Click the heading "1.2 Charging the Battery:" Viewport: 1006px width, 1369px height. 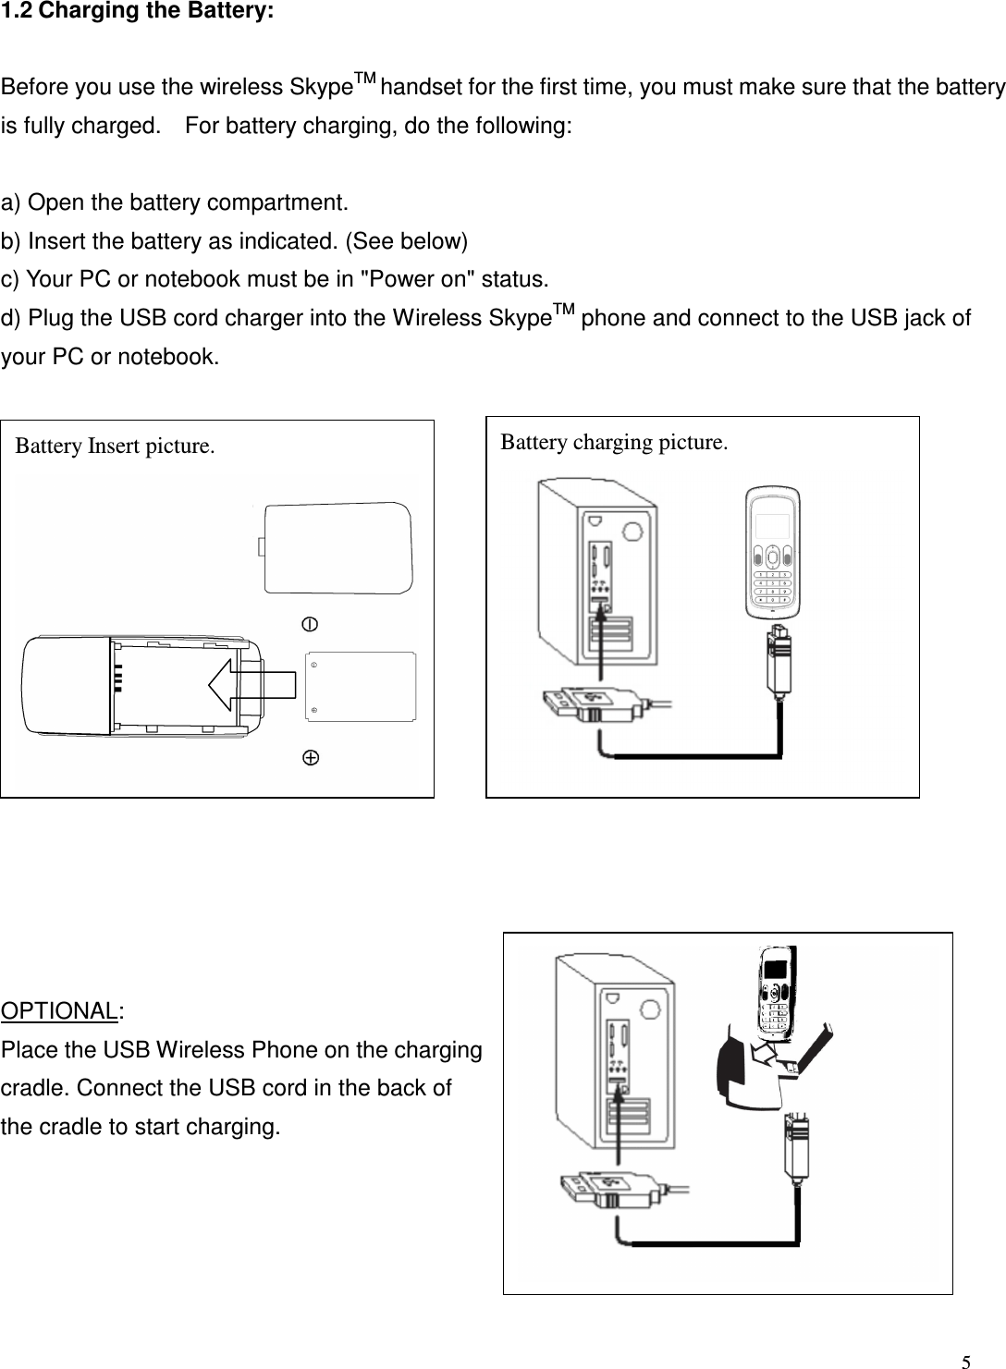(137, 18)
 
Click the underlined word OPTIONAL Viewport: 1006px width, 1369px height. (60, 1009)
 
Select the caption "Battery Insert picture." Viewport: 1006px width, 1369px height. (116, 446)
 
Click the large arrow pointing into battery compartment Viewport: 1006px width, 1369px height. (251, 684)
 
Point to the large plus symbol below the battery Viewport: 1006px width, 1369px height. (312, 758)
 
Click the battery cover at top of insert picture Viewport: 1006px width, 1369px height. (337, 547)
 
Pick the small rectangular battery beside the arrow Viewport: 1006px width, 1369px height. (361, 686)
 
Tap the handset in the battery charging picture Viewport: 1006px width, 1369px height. (773, 553)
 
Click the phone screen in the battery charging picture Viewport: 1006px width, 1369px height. (772, 526)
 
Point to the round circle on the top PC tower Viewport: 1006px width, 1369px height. (633, 532)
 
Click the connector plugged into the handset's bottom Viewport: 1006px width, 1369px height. (776, 658)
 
